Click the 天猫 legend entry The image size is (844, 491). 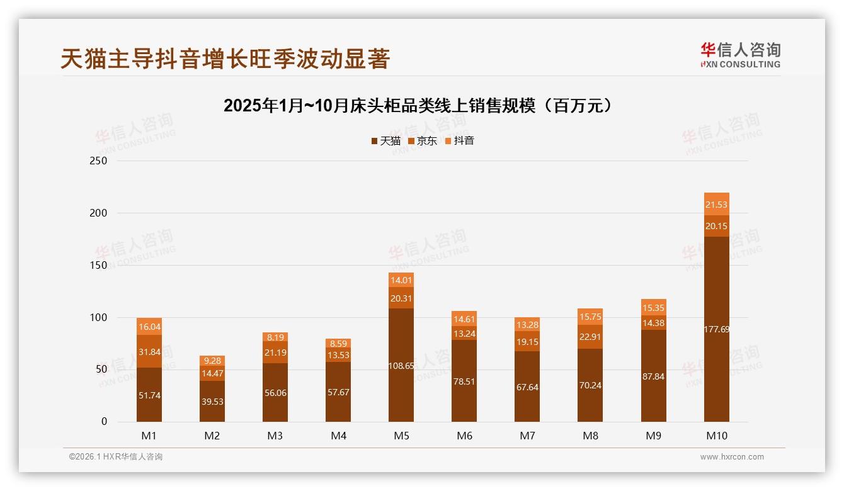[385, 141]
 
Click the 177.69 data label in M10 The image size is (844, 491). [716, 329]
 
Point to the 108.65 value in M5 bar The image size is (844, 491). [401, 366]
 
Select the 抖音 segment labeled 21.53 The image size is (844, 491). [716, 205]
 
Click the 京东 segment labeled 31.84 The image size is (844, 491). [149, 351]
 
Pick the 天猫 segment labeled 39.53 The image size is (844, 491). [212, 401]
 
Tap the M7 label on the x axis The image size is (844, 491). [527, 436]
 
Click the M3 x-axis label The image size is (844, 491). [275, 436]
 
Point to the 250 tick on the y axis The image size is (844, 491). [99, 161]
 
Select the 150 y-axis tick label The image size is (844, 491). [99, 266]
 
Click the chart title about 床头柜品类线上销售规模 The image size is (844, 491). [418, 106]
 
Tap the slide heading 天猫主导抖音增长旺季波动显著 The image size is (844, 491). [225, 59]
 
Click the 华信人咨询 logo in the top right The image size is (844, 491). [740, 55]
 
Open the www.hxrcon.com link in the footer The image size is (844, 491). [732, 457]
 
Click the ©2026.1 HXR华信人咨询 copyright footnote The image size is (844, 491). [116, 457]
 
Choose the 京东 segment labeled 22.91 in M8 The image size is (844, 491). [590, 337]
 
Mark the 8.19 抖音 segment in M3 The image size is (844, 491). [275, 337]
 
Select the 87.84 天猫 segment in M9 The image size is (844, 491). [653, 376]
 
